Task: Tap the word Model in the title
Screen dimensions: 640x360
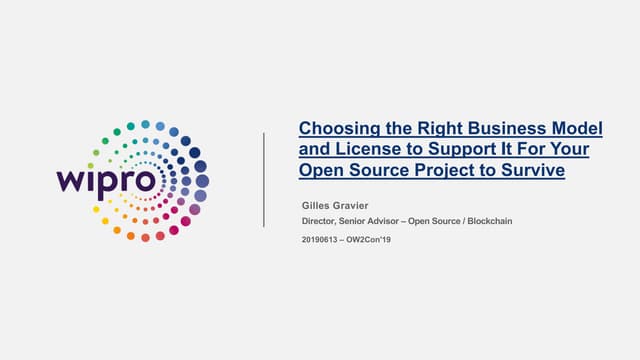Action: coord(577,128)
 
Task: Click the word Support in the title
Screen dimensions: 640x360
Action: coord(461,150)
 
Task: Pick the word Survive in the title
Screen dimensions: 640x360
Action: coord(533,170)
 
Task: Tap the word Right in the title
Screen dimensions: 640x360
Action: coord(440,129)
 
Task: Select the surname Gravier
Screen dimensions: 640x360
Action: coord(351,205)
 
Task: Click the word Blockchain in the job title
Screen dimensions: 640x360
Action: coord(490,221)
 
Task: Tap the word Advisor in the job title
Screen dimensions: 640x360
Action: coord(383,221)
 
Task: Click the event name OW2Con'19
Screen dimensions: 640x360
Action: coord(369,240)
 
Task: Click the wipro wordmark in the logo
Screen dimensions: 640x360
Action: coord(106,182)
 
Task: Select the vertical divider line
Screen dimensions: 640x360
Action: coord(264,180)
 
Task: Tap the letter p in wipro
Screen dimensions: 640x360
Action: coord(104,185)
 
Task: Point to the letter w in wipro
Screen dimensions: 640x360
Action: coord(71,181)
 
